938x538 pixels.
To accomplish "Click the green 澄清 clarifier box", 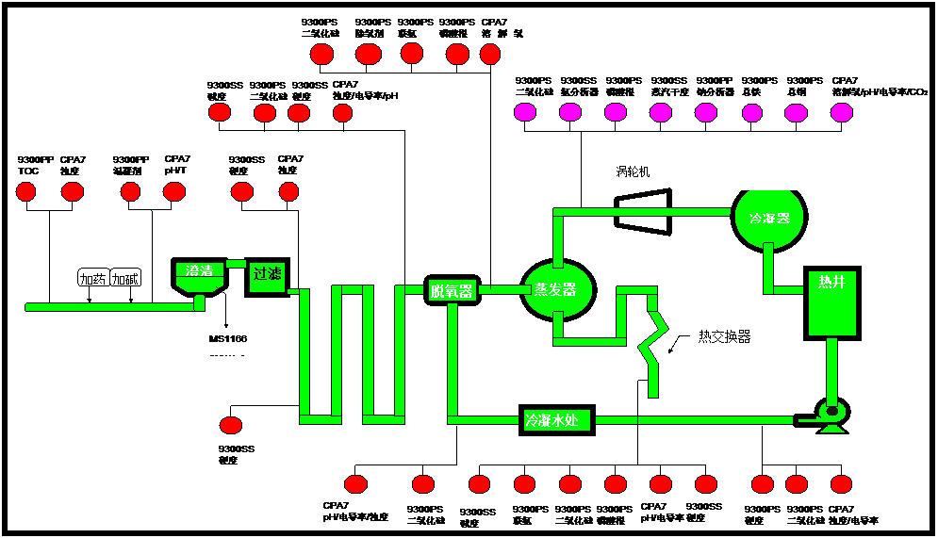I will coord(199,272).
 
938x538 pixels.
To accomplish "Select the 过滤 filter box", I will coord(267,275).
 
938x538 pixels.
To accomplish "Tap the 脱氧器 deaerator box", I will coord(452,290).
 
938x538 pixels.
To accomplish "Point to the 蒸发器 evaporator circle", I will coord(557,289).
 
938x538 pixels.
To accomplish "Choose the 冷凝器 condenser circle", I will coord(769,218).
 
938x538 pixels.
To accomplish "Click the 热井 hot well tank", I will coord(832,303).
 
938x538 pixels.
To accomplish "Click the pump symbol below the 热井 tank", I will coord(831,415).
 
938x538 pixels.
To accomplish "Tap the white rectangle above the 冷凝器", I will coord(769,182).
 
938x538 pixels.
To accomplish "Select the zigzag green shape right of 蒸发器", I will coord(653,344).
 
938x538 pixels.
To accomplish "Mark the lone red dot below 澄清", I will coord(231,425).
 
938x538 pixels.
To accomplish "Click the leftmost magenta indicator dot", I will coord(525,112).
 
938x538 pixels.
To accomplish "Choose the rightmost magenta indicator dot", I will coord(842,112).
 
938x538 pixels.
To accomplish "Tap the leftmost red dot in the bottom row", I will coord(355,484).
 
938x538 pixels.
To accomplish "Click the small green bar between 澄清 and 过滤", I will coord(236,264).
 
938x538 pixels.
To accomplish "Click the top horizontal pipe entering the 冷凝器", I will coord(646,212).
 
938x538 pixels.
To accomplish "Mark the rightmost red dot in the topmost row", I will coord(490,55).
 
